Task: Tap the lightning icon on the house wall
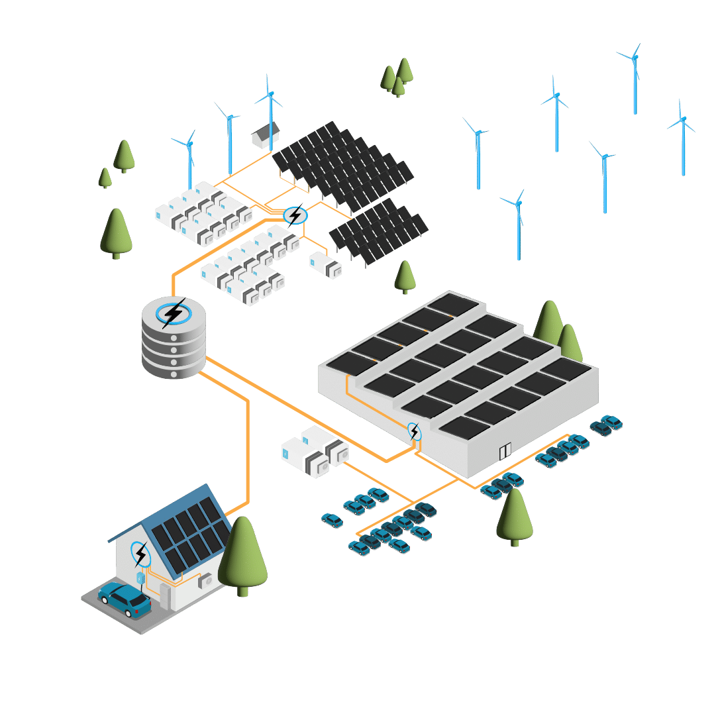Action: click(x=140, y=553)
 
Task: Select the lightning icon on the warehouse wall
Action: click(x=414, y=432)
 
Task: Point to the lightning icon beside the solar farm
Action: click(x=295, y=215)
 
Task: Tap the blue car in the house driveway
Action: click(x=125, y=599)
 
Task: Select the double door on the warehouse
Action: click(x=505, y=452)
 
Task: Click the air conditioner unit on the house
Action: click(x=207, y=581)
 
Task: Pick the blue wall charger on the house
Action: click(x=140, y=579)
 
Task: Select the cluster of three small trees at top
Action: click(x=397, y=77)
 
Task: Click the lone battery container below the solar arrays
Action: click(x=325, y=264)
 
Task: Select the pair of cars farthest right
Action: click(x=607, y=425)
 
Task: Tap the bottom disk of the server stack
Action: click(x=174, y=368)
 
